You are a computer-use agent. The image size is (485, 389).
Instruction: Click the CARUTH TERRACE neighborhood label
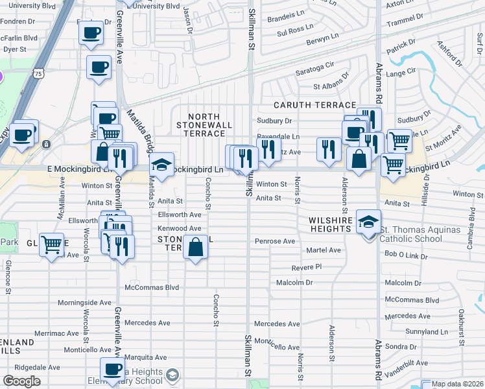314,105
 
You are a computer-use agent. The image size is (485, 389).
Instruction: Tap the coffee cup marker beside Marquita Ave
113,369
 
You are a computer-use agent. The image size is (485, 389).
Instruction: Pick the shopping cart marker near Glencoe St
51,245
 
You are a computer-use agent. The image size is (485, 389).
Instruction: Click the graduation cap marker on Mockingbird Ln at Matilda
162,164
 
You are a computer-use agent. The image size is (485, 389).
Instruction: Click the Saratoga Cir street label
314,65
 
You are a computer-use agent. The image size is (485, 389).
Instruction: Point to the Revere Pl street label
307,267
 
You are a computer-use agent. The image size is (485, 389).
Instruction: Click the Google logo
22,381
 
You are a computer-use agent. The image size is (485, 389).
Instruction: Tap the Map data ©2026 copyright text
458,384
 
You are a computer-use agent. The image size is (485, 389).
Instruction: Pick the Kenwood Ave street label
180,229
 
